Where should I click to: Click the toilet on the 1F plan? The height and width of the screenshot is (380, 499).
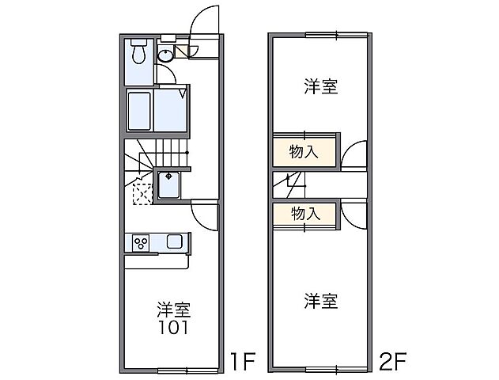[138, 53]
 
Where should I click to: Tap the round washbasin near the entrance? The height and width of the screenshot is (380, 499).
[167, 55]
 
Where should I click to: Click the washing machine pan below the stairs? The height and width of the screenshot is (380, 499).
[169, 185]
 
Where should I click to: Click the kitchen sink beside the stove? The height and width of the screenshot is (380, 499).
[174, 241]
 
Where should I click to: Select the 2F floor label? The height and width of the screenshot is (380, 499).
[393, 363]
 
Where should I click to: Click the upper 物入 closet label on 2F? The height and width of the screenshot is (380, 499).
[304, 152]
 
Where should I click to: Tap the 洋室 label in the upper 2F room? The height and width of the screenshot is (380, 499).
[320, 87]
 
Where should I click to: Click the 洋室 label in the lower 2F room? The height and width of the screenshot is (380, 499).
[320, 301]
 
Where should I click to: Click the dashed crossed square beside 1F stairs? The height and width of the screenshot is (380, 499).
[142, 192]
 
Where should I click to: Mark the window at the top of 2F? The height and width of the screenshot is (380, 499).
[337, 34]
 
